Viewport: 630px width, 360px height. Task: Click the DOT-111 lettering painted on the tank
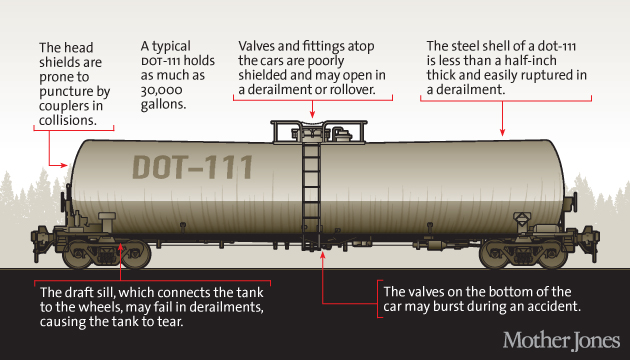(192, 167)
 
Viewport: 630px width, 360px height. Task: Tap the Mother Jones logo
(561, 340)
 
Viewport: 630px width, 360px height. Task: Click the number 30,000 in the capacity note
(161, 90)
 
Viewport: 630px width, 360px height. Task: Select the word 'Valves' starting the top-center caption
(256, 46)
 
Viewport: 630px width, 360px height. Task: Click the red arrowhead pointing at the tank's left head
(65, 165)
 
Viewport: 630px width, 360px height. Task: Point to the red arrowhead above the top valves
(312, 115)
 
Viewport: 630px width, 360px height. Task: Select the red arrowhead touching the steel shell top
(502, 133)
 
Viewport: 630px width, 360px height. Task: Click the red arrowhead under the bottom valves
(322, 255)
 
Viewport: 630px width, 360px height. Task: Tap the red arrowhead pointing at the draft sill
(120, 245)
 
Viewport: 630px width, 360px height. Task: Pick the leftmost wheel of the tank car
(78, 255)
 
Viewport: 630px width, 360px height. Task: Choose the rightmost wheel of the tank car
(552, 255)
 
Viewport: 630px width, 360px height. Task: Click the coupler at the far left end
(40, 239)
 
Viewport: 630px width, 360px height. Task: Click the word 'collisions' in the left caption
(68, 120)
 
